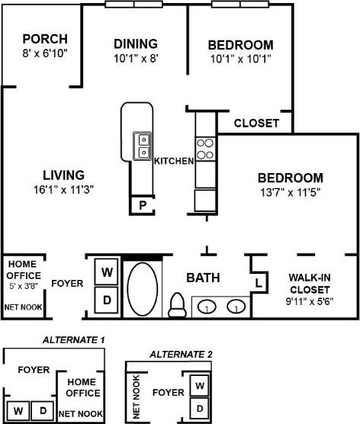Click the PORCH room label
pyautogui.click(x=44, y=39)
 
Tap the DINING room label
pyautogui.click(x=136, y=43)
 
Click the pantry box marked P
pyautogui.click(x=142, y=205)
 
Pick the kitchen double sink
pyautogui.click(x=143, y=146)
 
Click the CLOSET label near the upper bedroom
pyautogui.click(x=256, y=123)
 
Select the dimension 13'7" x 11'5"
pyautogui.click(x=291, y=192)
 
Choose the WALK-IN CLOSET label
pyautogui.click(x=309, y=284)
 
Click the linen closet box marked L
pyautogui.click(x=259, y=283)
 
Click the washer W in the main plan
pyautogui.click(x=108, y=271)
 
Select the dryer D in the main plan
pyautogui.click(x=108, y=300)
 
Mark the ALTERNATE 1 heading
pyautogui.click(x=74, y=339)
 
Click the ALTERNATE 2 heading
pyautogui.click(x=181, y=354)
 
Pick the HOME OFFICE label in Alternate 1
pyautogui.click(x=82, y=387)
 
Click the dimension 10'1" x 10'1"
pyautogui.click(x=241, y=57)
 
